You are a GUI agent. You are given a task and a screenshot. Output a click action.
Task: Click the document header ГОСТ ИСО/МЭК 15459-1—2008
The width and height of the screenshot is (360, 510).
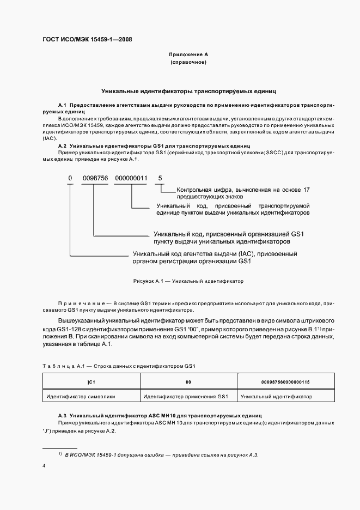[x=87, y=39]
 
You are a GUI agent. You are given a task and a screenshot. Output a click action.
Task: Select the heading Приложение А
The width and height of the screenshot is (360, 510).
[x=188, y=55]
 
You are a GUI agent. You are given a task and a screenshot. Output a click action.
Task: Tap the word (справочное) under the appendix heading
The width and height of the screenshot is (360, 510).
[x=188, y=63]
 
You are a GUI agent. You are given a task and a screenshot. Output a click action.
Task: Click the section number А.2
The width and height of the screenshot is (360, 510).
[x=62, y=146]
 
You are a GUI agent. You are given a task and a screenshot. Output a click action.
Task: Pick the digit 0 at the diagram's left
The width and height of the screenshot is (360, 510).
[x=70, y=178]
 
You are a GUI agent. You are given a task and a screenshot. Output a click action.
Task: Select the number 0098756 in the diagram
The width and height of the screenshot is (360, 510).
[x=95, y=178]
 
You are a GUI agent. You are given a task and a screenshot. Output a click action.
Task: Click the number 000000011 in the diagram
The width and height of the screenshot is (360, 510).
[x=132, y=178]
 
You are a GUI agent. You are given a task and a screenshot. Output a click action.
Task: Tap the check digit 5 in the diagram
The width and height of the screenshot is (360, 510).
[x=160, y=178]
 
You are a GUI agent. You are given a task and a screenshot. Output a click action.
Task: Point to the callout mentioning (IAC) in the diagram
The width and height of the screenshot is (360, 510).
[x=215, y=257]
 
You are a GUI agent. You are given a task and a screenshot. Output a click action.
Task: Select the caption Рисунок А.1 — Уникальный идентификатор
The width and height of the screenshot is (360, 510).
[x=188, y=282]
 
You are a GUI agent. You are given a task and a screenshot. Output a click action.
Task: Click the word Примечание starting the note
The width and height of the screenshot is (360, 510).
[x=80, y=302]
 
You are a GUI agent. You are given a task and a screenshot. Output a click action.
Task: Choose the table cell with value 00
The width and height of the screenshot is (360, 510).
[x=188, y=382]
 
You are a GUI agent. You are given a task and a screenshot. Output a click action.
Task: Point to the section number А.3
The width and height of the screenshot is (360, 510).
[x=62, y=415]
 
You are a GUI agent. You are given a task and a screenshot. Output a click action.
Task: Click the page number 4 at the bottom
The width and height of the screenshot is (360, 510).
[x=44, y=466]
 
